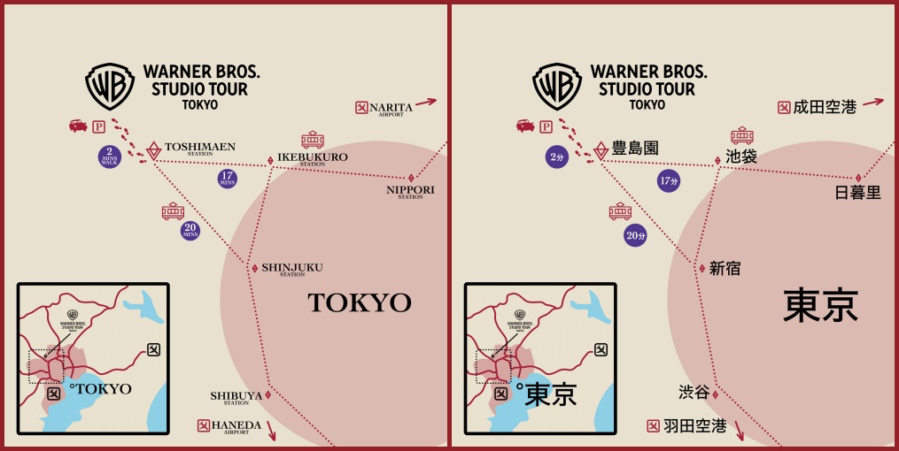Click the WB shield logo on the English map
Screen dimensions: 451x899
pos(110,86)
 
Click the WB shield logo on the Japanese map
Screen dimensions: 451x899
pos(557,86)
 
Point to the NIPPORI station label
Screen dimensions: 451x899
pos(410,191)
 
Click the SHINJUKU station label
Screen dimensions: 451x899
pos(291,268)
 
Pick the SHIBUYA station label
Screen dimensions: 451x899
pos(236,396)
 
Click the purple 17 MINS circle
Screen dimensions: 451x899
pos(228,178)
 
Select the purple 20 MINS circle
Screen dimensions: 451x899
pos(190,231)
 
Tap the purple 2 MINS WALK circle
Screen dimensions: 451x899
pos(110,157)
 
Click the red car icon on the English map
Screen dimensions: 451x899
pos(78,126)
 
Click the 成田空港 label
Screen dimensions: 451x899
pos(825,107)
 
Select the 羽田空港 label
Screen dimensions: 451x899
pos(695,426)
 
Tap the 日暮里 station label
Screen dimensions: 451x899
pos(858,193)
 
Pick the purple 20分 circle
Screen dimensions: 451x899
pos(635,235)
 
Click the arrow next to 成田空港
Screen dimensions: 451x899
pos(874,102)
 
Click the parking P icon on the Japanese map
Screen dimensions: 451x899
pos(546,126)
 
